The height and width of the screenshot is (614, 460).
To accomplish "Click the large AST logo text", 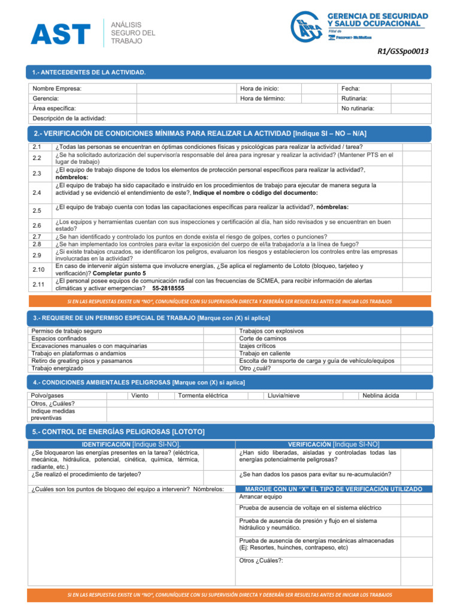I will tap(60, 34).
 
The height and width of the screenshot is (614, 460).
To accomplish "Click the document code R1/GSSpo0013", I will tap(402, 52).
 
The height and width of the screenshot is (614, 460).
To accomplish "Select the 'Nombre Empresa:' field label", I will tap(57, 89).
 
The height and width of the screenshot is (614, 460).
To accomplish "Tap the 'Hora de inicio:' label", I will tap(259, 89).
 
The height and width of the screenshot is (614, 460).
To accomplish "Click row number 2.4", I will tap(37, 192).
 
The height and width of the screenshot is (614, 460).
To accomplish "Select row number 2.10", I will tap(38, 269).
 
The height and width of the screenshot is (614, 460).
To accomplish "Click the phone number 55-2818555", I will tap(168, 288).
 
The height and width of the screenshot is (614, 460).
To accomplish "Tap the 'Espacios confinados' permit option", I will tap(58, 339).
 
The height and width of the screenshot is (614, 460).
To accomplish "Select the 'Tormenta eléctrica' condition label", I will tap(202, 396).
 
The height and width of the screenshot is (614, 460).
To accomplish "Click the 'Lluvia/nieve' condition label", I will tap(283, 396).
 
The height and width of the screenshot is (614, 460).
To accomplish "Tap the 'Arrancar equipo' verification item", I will tap(260, 497).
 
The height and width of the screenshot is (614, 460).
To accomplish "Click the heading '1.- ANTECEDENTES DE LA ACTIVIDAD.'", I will tap(89, 73).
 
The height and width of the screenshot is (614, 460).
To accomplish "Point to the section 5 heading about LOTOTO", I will tap(119, 432).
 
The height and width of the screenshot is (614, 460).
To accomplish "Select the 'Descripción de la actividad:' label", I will tap(68, 118).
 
